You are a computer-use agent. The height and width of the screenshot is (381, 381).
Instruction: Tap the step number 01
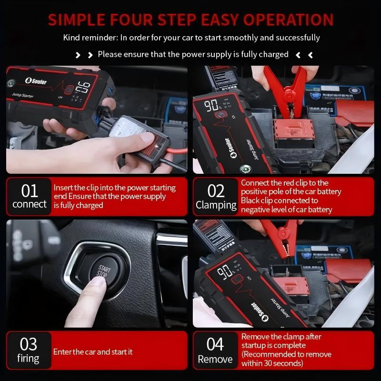[x=30, y=190]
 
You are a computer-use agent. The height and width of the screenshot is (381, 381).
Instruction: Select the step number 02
[x=216, y=190]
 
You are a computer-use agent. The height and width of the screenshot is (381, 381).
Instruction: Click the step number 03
[x=29, y=344]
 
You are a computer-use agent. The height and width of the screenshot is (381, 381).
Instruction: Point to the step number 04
[x=215, y=344]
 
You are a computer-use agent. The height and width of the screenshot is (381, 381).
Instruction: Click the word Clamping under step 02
[x=216, y=205]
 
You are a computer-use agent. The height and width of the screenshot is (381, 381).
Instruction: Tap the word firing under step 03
[x=29, y=358]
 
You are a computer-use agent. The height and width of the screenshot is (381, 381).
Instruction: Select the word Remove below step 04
[x=215, y=359]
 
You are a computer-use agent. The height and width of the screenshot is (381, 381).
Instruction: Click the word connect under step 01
[x=30, y=204]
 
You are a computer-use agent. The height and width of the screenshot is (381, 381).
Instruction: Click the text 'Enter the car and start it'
[x=93, y=352]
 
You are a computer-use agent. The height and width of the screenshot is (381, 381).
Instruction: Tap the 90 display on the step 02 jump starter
[x=212, y=105]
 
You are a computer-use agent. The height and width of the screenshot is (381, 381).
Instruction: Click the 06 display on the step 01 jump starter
[x=82, y=88]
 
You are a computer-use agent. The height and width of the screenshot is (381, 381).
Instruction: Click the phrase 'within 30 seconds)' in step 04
[x=272, y=363]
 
